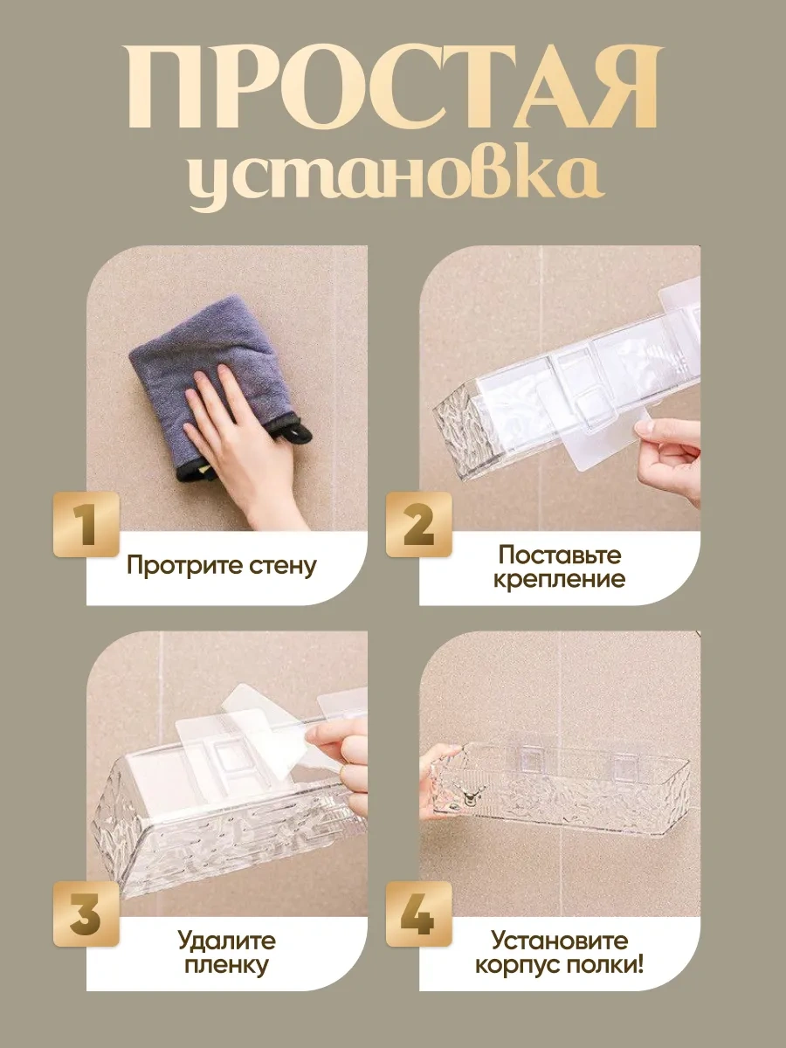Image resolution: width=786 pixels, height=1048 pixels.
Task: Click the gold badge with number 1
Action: tap(86, 524)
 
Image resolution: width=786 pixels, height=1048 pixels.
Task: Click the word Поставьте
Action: tap(560, 555)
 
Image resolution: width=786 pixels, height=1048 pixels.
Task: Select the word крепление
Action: tap(560, 579)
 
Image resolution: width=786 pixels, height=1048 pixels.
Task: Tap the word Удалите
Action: tap(226, 941)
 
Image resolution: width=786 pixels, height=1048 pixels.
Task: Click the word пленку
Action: tap(226, 966)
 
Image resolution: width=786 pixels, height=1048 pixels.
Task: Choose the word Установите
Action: tap(560, 941)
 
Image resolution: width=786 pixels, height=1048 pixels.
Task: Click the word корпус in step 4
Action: tap(516, 966)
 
